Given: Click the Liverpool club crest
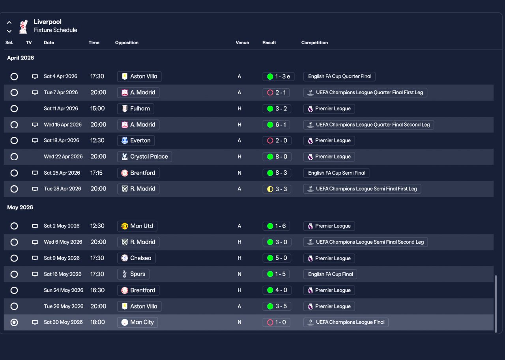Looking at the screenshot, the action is [x=23, y=26].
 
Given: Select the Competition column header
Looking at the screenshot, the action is [x=314, y=43].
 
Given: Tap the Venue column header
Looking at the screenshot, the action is [x=242, y=43].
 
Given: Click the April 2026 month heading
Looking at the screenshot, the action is [x=21, y=58].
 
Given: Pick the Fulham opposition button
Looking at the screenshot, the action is [x=136, y=108].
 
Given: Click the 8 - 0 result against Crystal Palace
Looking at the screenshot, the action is [x=277, y=157].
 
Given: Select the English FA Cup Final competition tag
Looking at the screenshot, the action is [x=330, y=274].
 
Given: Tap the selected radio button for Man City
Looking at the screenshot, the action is [x=14, y=323].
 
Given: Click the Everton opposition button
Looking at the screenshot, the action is [x=136, y=141].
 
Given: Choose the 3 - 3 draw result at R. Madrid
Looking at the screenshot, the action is [x=277, y=189].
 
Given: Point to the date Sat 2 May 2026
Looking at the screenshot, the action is [x=62, y=226].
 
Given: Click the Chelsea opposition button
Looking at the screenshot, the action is [x=137, y=258].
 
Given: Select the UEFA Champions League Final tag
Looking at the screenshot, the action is [x=346, y=323].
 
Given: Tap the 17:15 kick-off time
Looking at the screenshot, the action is [x=96, y=173].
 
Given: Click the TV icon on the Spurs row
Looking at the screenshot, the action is [x=35, y=274].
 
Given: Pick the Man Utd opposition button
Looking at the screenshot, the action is [x=137, y=226].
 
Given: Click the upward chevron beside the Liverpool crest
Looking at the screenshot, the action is [x=9, y=22].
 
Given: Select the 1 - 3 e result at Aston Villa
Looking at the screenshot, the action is [x=279, y=76].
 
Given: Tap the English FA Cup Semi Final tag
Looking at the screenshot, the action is [x=336, y=173].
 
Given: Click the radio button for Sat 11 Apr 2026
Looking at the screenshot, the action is [x=14, y=108].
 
